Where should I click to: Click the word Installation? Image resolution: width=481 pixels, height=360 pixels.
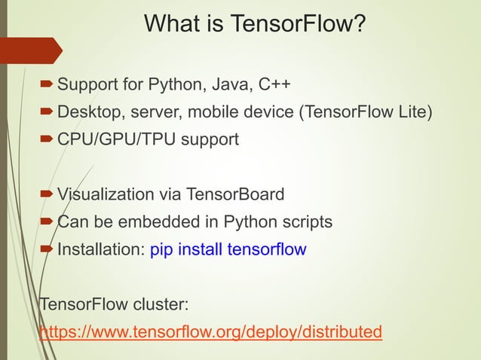point(101,249)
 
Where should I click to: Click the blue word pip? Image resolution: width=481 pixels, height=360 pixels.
point(162,249)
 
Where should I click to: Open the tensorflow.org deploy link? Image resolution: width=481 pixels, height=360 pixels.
point(210,332)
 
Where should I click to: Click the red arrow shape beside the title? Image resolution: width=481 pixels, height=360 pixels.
point(30,50)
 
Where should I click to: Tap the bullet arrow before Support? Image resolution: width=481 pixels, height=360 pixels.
point(47,83)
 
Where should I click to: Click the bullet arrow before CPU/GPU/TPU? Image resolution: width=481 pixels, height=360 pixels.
point(47,140)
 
